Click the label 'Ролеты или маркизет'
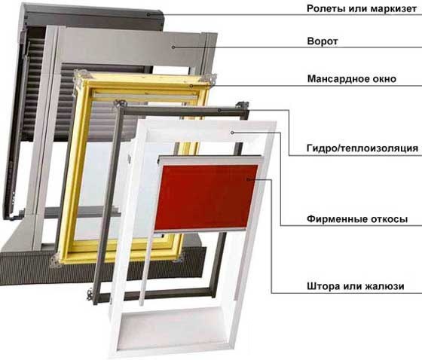pos(362,8)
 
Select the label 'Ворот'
pos(323,41)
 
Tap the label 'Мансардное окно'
pos(352,79)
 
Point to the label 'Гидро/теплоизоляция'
pos(362,148)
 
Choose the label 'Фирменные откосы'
pos(357,219)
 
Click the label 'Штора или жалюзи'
pos(356,286)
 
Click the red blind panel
pos(206,198)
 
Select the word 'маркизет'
pos(393,9)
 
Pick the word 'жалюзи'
pos(384,286)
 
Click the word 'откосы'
pos(390,219)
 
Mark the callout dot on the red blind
pos(248,178)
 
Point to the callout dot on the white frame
pos(232,133)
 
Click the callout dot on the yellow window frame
pos(191,86)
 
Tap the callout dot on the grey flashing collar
pos(173,47)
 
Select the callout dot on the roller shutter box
pos(148,14)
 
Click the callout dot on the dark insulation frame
pos(219,110)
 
